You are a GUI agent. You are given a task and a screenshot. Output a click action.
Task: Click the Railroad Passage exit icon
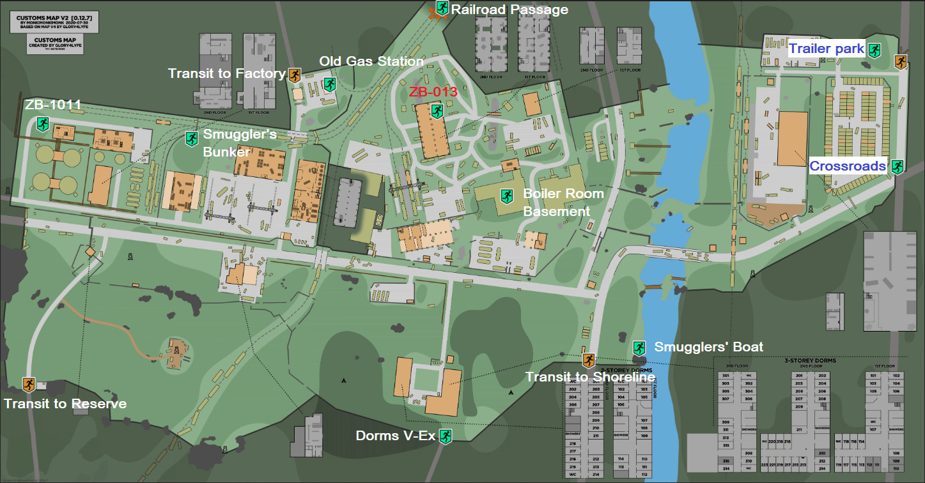pos(442,8)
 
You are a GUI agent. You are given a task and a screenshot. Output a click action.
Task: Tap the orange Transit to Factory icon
pos(294,75)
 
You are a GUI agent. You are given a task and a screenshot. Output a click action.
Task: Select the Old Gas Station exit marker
pos(330,84)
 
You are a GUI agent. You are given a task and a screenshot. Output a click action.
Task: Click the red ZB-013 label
pos(433,92)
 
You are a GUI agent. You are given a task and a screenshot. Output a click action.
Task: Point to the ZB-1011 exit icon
pos(43,123)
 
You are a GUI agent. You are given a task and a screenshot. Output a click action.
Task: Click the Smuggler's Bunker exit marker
pos(191,138)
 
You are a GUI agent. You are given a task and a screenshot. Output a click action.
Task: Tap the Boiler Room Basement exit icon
pos(507,195)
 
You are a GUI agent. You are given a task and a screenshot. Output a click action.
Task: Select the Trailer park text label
pos(826,49)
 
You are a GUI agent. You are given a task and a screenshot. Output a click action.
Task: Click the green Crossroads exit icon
pos(897,167)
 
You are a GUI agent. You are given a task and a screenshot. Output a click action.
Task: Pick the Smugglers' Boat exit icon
pos(639,348)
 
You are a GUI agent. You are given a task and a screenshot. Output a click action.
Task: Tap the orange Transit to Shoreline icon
pos(588,361)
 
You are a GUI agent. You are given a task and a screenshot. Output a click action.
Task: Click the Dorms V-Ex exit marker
pos(445,436)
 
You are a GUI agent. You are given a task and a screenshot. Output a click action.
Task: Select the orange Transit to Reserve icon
pos(28,385)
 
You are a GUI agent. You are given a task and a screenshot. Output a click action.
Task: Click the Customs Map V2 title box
pos(55,24)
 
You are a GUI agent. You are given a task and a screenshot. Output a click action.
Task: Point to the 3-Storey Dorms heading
pos(809,360)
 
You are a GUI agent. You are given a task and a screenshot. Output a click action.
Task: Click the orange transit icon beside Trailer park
pos(900,62)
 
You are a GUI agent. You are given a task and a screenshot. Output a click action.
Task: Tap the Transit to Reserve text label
pos(65,404)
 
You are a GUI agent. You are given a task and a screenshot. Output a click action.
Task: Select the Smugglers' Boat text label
pos(709,347)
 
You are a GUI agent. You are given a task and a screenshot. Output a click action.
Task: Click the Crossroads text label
pos(848,166)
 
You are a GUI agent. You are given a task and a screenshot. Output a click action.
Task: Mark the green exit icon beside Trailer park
pos(874,50)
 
